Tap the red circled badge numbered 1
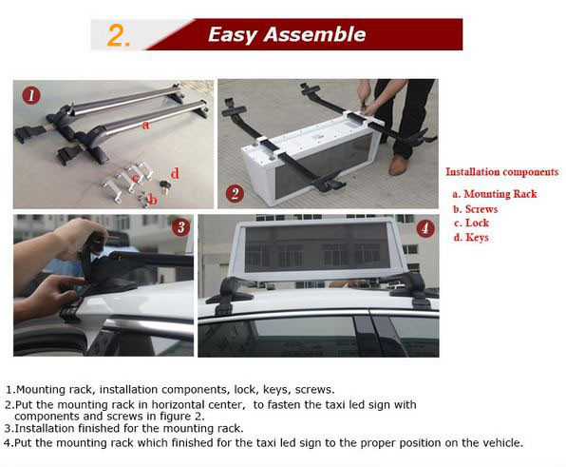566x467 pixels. (x=32, y=95)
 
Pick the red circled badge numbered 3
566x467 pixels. (x=180, y=228)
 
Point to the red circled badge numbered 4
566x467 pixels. (x=425, y=228)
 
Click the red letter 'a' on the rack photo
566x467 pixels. (x=144, y=125)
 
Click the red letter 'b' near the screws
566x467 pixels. (x=152, y=199)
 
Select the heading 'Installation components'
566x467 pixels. (x=501, y=172)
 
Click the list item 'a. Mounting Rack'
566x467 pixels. (x=494, y=194)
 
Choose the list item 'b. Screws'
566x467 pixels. (x=476, y=208)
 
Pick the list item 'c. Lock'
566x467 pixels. (x=471, y=223)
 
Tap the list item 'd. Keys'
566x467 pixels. (x=471, y=237)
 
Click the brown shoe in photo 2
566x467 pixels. (x=398, y=165)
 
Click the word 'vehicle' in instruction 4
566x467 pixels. (x=498, y=443)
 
